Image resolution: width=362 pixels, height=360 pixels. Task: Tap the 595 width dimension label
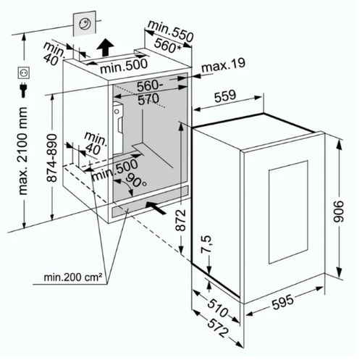[283, 302]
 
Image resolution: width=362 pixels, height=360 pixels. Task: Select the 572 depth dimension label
[217, 327]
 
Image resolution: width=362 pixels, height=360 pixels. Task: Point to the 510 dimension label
[218, 308]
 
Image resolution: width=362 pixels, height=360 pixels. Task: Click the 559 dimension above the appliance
[225, 96]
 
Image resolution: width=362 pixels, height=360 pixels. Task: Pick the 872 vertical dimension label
[180, 220]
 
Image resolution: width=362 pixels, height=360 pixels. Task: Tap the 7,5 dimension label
[206, 244]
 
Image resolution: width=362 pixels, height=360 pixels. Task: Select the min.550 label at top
[171, 31]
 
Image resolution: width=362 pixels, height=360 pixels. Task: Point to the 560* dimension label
[167, 46]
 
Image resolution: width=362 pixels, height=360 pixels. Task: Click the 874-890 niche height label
[51, 158]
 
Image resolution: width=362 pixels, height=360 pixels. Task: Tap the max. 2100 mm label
[23, 151]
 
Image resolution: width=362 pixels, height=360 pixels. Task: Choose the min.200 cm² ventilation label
[72, 277]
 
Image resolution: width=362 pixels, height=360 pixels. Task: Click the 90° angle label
[135, 180]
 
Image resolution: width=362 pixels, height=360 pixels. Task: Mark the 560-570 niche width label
[149, 92]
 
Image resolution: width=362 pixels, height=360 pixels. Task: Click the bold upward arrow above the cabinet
[105, 47]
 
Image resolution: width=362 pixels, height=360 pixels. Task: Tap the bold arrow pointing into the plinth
[156, 208]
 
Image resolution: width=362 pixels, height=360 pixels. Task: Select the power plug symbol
[23, 90]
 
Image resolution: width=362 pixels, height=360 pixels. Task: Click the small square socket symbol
[24, 72]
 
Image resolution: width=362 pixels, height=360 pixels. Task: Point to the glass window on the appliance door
[288, 212]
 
